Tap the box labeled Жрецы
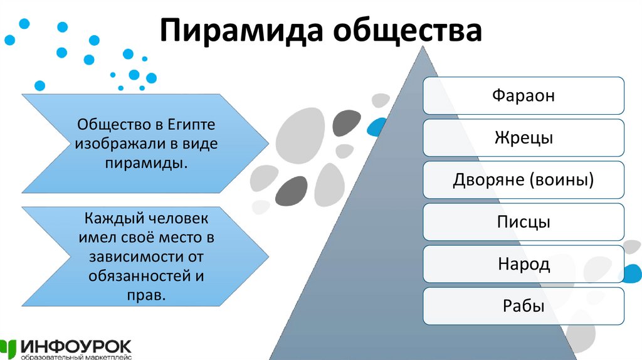tap(524, 137)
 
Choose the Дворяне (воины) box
tap(524, 180)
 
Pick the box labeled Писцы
tap(524, 222)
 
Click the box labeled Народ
tap(524, 264)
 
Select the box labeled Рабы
tap(524, 307)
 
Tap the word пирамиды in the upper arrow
tap(144, 162)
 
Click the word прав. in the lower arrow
tap(146, 295)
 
